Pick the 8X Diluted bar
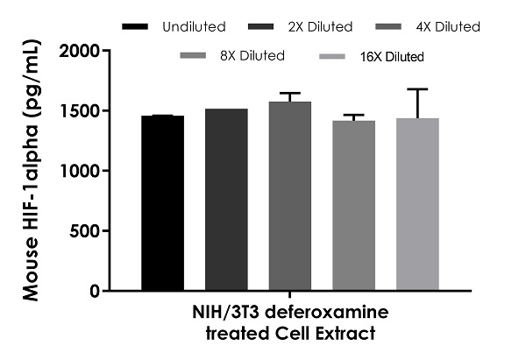coord(353,206)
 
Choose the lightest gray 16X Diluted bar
coord(417,204)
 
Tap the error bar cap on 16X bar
coord(417,89)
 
